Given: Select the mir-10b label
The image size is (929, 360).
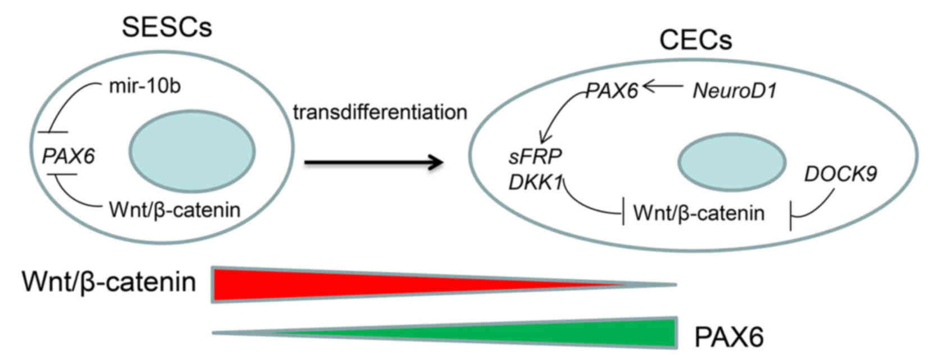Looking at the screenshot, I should point(144,86).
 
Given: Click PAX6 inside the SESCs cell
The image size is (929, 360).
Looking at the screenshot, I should point(69,156).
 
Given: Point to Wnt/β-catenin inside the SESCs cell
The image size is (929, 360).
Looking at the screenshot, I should point(175,210).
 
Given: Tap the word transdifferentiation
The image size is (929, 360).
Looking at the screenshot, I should point(380,112).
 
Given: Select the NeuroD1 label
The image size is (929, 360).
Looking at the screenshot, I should point(735,91).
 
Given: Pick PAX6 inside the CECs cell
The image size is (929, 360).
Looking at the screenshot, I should point(612,91).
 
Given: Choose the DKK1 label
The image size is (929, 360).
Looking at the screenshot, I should point(535,183).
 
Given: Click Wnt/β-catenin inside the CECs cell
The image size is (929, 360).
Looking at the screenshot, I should point(699,213).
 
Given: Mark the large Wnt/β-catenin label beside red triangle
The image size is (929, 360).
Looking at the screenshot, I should point(109,282).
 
